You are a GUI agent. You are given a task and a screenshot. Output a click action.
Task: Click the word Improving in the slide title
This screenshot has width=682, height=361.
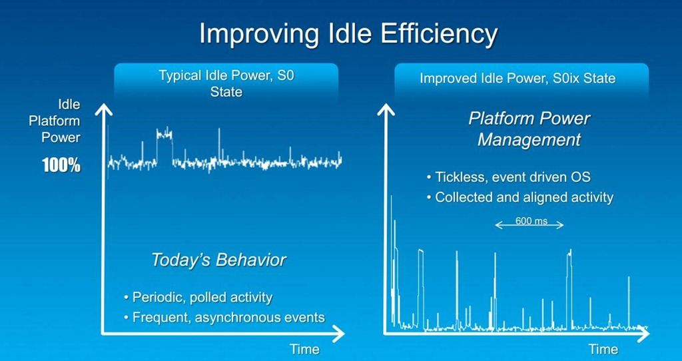point(256,35)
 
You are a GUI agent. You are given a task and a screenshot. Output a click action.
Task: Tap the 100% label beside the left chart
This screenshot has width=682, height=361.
point(61,166)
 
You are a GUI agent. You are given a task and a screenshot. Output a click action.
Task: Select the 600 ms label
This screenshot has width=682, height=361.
point(531,220)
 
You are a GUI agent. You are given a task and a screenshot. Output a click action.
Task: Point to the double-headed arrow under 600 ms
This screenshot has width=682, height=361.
point(529,225)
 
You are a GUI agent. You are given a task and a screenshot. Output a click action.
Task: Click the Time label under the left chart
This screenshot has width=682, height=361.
point(304,349)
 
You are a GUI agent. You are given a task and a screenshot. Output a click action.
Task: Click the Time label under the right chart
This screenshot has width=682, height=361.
point(603,349)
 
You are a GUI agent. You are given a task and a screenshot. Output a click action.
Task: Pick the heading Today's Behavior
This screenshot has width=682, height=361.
point(218,260)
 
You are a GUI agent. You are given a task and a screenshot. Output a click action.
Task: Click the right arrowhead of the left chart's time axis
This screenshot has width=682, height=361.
point(339,334)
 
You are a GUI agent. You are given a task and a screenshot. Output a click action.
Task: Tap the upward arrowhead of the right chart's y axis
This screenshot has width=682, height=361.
point(386,109)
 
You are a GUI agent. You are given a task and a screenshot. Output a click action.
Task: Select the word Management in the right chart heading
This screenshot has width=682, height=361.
point(529,140)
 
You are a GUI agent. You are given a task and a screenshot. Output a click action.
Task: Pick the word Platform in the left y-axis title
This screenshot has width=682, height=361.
point(55,121)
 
